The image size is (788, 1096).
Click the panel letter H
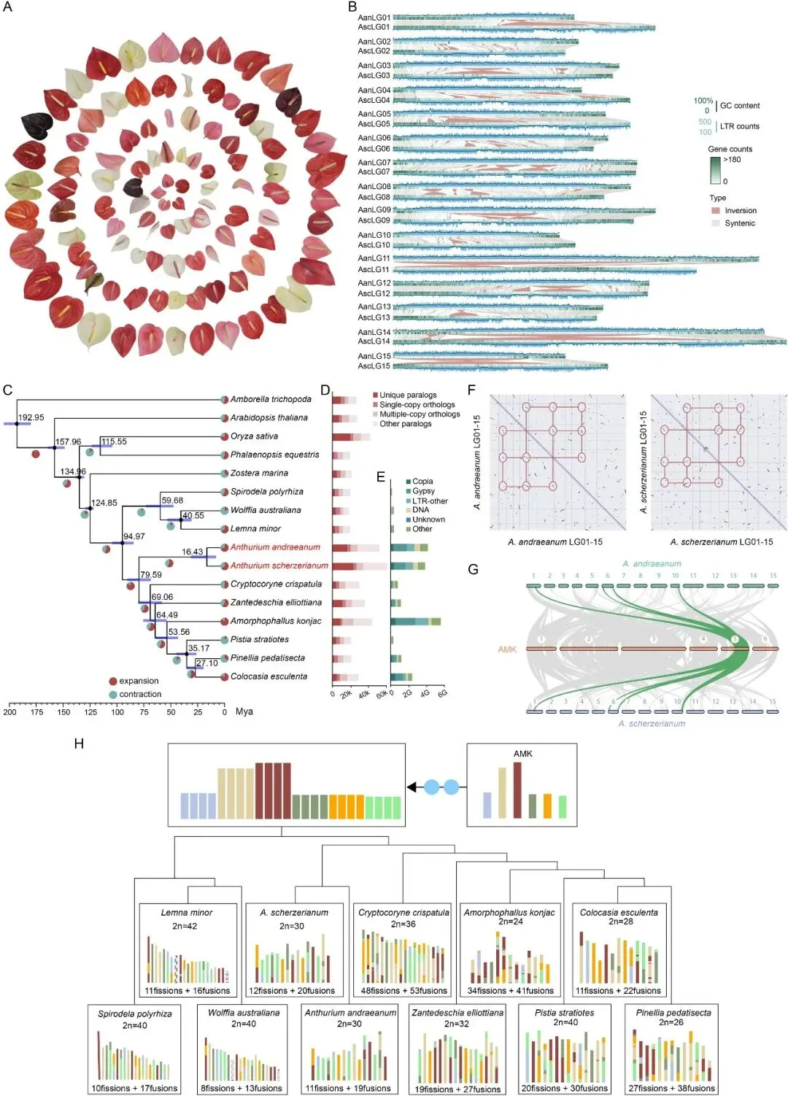click(x=79, y=743)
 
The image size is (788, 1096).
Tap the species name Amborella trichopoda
click(x=271, y=399)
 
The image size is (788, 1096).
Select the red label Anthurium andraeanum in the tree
click(x=275, y=547)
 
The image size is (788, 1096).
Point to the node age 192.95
click(x=31, y=417)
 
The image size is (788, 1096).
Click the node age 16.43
click(x=193, y=552)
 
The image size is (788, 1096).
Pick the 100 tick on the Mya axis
click(x=117, y=711)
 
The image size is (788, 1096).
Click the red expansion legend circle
click(x=112, y=682)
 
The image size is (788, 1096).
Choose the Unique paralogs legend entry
click(x=407, y=395)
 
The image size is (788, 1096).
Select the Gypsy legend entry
click(x=423, y=491)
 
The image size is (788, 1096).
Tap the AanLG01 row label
click(x=374, y=18)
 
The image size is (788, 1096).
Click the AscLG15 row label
click(x=374, y=366)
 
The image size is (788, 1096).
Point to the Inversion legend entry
click(x=740, y=211)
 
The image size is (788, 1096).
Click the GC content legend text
click(x=739, y=106)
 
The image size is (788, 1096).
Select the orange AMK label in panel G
click(x=507, y=649)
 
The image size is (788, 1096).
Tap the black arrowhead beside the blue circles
click(x=412, y=787)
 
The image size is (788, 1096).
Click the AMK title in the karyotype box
click(x=522, y=754)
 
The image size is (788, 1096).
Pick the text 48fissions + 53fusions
click(x=403, y=991)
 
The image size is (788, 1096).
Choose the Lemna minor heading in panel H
click(x=187, y=913)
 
